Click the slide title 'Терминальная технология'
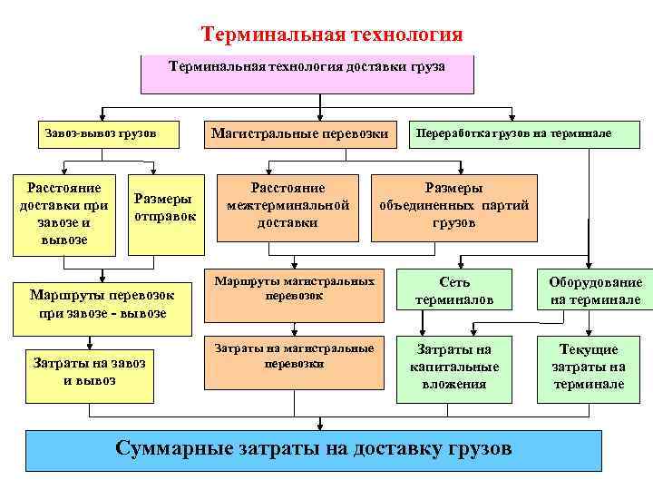tap(331, 34)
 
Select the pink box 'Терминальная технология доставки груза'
tap(307, 74)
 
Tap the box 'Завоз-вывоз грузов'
tap(100, 133)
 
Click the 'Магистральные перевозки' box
tap(300, 133)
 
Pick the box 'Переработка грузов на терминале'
tap(512, 133)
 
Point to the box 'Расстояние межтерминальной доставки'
tap(288, 206)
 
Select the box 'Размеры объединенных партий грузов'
tap(453, 206)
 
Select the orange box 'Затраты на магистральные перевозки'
tap(294, 361)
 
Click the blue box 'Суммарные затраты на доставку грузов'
tap(314, 450)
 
